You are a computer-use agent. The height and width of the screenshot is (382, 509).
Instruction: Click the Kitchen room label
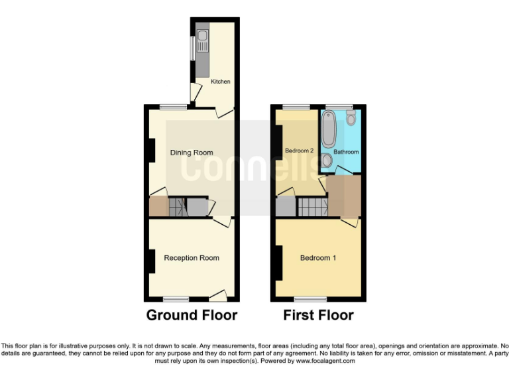(x=221, y=82)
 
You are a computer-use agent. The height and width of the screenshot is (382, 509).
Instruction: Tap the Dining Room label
(x=192, y=153)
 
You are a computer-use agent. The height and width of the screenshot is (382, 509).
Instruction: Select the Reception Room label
(x=192, y=258)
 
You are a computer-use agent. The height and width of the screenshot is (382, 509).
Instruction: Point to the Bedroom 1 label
(x=318, y=258)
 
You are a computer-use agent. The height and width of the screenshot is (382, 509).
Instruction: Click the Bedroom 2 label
(x=299, y=151)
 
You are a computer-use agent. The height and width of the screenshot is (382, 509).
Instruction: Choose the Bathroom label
(x=346, y=152)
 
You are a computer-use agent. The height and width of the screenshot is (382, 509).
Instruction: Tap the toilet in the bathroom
(x=351, y=119)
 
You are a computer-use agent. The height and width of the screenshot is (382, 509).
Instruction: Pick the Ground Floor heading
(x=192, y=315)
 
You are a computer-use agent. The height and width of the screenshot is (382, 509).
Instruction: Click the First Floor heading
(x=318, y=315)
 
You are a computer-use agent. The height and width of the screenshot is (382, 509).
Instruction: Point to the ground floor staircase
(x=177, y=208)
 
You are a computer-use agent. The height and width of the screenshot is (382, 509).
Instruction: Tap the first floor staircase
(x=311, y=208)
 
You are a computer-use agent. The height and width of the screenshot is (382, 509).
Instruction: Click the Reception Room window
(x=176, y=298)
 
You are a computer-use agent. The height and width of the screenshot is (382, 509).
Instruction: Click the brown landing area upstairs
(x=344, y=196)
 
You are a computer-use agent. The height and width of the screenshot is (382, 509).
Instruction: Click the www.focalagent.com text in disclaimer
(x=325, y=361)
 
